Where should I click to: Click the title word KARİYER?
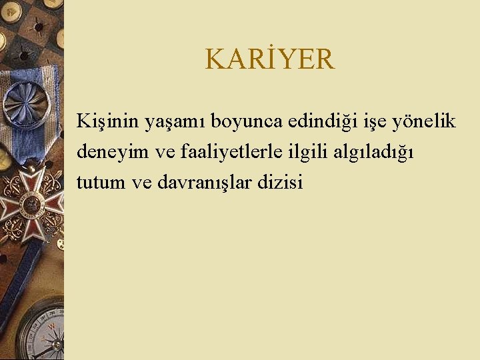pyautogui.click(x=269, y=59)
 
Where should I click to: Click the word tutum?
pyautogui.click(x=101, y=182)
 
